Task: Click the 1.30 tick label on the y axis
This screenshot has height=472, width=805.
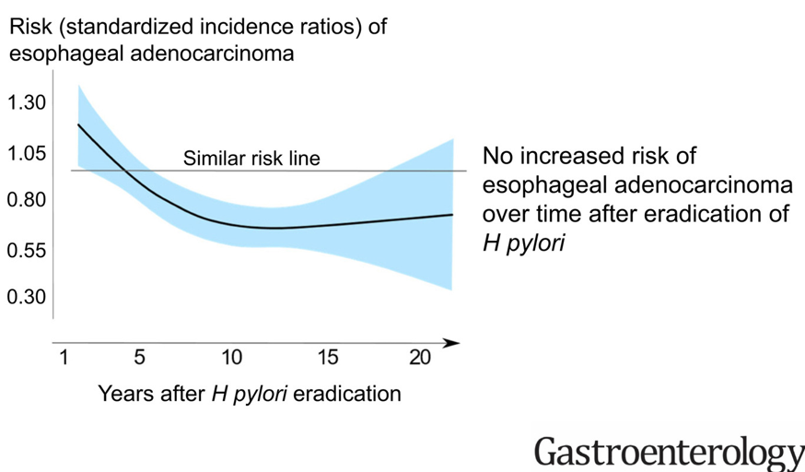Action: click(27, 103)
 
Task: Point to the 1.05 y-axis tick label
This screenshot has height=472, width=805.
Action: click(27, 153)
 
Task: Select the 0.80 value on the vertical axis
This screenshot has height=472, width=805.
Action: click(27, 200)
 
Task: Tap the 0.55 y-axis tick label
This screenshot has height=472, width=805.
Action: click(27, 250)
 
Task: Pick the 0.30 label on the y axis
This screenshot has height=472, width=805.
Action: click(27, 297)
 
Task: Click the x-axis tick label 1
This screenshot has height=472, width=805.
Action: click(64, 358)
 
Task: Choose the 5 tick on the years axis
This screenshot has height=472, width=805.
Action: click(139, 358)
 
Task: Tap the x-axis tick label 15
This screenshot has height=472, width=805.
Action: click(329, 358)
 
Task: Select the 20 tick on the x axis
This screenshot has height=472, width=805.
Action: click(420, 358)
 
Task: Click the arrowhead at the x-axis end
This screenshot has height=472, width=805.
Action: click(452, 343)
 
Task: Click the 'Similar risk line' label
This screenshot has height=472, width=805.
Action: click(251, 159)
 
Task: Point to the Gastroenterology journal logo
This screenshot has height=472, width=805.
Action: click(669, 452)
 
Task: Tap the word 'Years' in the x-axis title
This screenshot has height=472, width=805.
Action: click(126, 394)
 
